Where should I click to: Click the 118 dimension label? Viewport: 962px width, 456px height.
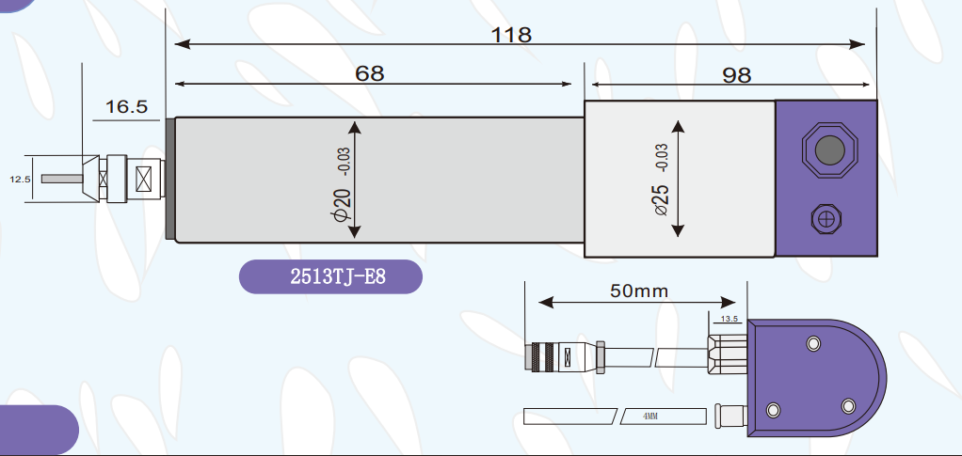tap(512, 35)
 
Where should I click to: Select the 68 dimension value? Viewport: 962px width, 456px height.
tap(369, 73)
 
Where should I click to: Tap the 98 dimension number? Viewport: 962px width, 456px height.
tap(736, 75)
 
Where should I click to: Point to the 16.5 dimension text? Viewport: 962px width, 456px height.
tap(127, 106)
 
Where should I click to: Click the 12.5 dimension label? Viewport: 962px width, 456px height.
tap(20, 180)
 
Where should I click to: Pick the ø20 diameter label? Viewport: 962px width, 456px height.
tap(342, 204)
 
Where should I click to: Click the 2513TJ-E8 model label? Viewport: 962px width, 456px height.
tap(338, 277)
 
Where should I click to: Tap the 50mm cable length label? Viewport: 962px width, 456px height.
tap(639, 291)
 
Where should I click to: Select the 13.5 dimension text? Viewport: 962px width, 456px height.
tap(730, 319)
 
